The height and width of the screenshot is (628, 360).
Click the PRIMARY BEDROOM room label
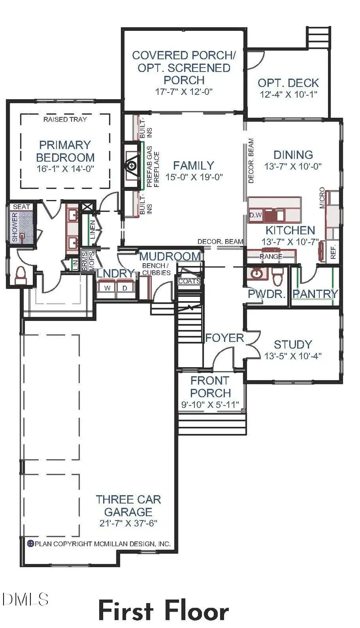[65, 151]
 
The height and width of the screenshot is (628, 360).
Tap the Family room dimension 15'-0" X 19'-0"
[194, 177]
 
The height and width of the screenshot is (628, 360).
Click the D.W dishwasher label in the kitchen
[256, 215]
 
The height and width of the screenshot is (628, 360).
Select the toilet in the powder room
[277, 276]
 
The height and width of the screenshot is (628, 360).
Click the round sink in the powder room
[256, 274]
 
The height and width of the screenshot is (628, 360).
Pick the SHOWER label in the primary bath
[15, 227]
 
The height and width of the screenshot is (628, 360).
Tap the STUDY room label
[293, 344]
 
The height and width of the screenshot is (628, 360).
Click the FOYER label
[224, 338]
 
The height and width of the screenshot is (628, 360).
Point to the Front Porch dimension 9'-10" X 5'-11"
[210, 405]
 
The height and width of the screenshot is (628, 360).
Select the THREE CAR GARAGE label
[128, 506]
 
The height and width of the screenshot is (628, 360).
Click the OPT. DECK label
[288, 83]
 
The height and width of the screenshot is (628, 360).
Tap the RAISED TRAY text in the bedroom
[65, 119]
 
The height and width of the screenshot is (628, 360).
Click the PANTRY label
[315, 294]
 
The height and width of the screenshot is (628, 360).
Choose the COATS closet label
[189, 281]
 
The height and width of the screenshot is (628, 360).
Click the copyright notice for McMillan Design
[99, 544]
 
